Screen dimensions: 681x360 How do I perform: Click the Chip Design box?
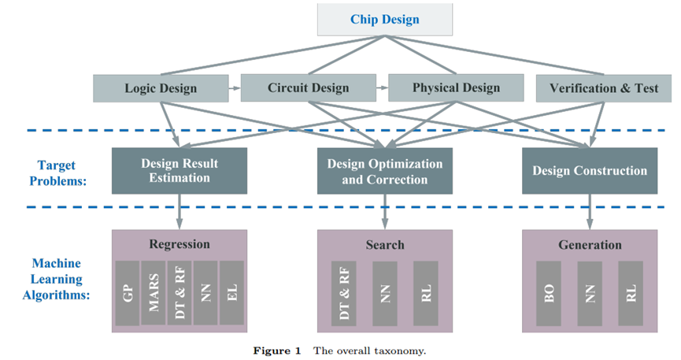(385, 20)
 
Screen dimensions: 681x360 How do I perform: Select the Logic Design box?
(161, 88)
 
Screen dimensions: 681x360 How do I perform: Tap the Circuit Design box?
(309, 87)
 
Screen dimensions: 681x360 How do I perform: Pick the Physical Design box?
(456, 87)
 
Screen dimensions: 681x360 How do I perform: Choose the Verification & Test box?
(604, 88)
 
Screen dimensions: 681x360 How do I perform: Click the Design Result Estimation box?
(180, 171)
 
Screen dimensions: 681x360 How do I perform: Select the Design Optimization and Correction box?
(385, 171)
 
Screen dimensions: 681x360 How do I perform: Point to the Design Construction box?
(590, 171)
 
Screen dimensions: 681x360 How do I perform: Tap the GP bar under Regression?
(128, 293)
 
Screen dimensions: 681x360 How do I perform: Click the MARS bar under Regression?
(154, 293)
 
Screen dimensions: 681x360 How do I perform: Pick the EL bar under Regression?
(232, 293)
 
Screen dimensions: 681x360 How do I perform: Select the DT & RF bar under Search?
(344, 294)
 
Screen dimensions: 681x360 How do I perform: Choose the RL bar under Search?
(426, 294)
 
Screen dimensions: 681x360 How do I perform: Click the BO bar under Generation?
(549, 294)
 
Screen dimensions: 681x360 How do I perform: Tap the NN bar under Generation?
(590, 294)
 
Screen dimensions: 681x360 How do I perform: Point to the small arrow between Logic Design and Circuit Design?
(235, 88)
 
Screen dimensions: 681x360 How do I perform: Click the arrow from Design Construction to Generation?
(590, 212)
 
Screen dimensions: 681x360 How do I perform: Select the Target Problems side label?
(57, 173)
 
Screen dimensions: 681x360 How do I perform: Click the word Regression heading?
(180, 244)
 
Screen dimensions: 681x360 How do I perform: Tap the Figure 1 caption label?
(277, 351)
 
